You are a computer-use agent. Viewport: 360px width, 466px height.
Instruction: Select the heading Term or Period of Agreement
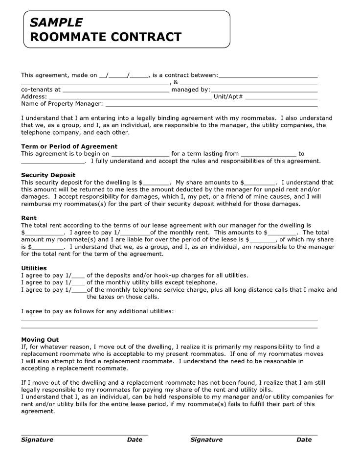coord(69,146)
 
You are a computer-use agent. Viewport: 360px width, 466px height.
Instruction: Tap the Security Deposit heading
coord(48,175)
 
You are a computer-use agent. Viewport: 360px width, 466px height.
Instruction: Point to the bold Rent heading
coord(29,218)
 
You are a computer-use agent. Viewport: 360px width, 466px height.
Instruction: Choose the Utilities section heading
coord(34,268)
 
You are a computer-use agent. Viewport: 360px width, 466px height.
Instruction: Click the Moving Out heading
coord(40,339)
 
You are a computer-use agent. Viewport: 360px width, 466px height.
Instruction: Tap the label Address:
coord(34,96)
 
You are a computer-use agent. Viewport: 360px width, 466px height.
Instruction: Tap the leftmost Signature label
coord(37,440)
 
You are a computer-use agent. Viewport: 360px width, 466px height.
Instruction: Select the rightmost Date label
coord(304,440)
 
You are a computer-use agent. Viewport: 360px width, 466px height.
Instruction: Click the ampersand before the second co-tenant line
coord(175,83)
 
